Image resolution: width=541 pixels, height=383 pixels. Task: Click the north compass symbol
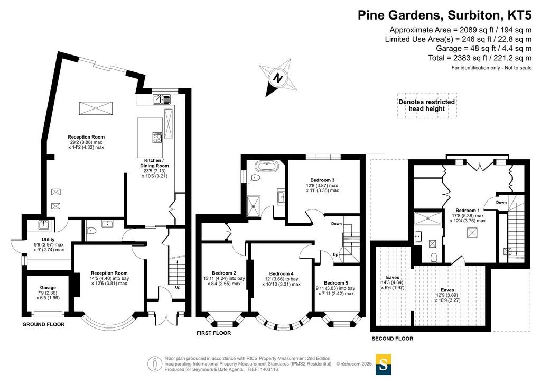pyautogui.click(x=279, y=78)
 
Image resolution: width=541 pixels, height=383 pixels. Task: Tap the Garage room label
pyautogui.click(x=48, y=288)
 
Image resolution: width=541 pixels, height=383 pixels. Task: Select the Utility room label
pyautogui.click(x=48, y=239)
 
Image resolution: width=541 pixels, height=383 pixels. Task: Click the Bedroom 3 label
pyautogui.click(x=322, y=180)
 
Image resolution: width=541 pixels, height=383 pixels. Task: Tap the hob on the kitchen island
pyautogui.click(x=157, y=138)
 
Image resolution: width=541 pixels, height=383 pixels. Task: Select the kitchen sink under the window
pyautogui.click(x=162, y=99)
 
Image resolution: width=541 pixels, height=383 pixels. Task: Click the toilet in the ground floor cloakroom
pyautogui.click(x=91, y=231)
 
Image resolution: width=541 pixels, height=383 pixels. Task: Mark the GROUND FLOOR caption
pyautogui.click(x=43, y=324)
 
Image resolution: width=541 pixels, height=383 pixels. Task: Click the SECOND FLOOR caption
pyautogui.click(x=393, y=339)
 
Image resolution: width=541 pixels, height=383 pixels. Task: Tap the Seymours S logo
pyautogui.click(x=384, y=363)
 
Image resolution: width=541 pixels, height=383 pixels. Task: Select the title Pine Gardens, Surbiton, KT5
pyautogui.click(x=444, y=15)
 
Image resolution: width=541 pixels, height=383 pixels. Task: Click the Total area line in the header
pyautogui.click(x=480, y=58)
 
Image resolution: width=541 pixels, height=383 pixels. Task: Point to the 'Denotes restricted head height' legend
pyautogui.click(x=426, y=105)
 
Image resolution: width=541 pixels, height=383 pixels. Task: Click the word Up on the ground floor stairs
pyautogui.click(x=178, y=287)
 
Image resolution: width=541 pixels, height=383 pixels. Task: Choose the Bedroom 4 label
pyautogui.click(x=281, y=274)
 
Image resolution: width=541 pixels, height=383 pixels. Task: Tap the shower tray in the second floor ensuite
pyautogui.click(x=428, y=218)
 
